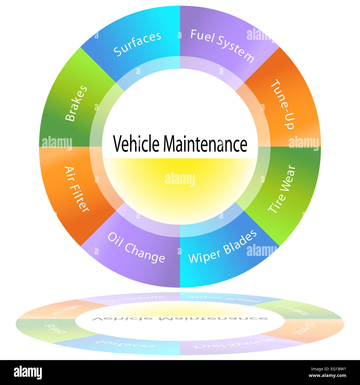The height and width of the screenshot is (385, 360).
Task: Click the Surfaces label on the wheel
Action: click(x=138, y=43)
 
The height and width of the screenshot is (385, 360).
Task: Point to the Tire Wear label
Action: click(x=282, y=189)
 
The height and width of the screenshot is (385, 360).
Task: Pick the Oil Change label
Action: click(x=136, y=247)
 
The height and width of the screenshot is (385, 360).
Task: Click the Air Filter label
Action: click(x=77, y=189)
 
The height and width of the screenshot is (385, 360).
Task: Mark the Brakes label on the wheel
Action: click(x=76, y=103)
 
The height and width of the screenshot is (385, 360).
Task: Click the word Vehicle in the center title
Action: click(x=136, y=144)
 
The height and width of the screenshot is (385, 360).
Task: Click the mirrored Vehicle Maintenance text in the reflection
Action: click(x=180, y=319)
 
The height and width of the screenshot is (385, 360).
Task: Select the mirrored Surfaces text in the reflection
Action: click(x=125, y=344)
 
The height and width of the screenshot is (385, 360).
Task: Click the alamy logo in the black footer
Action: click(x=28, y=373)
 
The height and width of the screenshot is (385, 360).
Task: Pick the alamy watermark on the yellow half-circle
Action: click(x=180, y=179)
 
